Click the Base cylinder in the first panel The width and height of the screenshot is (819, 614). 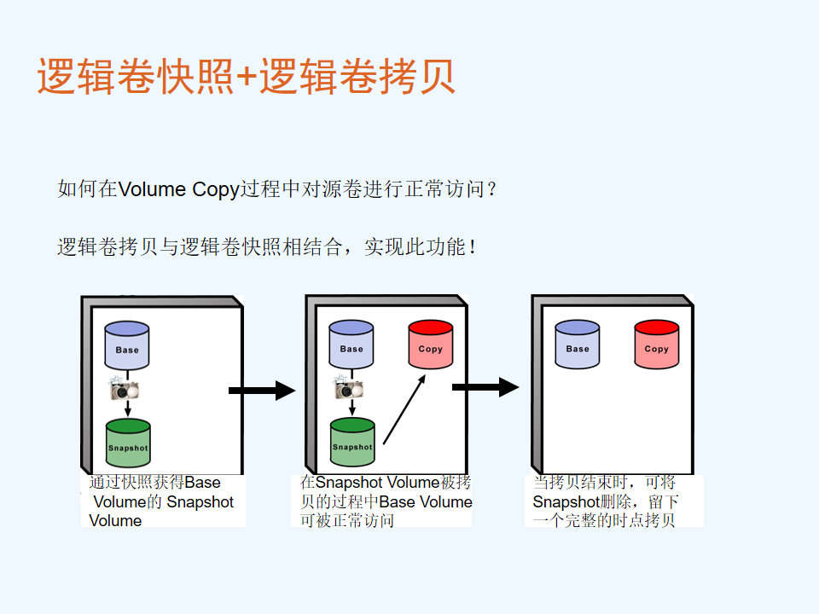point(127,345)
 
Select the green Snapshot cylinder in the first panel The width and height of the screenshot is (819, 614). point(128,443)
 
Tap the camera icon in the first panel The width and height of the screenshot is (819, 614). point(125,388)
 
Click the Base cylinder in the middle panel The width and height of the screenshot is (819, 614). point(351,345)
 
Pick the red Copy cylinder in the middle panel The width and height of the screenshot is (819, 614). point(430,345)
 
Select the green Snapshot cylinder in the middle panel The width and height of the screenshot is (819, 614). point(352,442)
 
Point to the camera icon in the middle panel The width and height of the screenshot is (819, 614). point(349,387)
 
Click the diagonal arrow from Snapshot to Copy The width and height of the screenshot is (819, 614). point(404,410)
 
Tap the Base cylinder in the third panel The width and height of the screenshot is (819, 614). point(578,345)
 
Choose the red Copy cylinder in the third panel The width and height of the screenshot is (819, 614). point(657,345)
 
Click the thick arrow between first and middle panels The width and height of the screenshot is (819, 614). point(262,391)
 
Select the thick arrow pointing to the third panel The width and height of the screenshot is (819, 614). point(485,387)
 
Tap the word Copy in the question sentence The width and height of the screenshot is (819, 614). point(215,189)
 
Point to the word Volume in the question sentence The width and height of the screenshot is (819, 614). point(152,189)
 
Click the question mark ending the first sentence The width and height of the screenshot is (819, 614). point(491,189)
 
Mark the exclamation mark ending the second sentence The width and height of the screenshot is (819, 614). point(472,246)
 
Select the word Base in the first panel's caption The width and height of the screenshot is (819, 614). point(202,482)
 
